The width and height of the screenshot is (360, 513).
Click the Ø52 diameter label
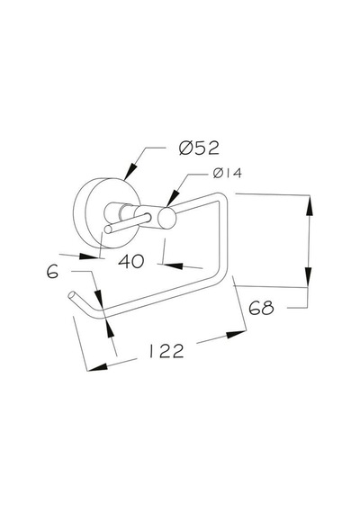pos(199,148)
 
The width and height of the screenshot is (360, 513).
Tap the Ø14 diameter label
pos(228,173)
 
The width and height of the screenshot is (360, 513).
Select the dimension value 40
pos(130,261)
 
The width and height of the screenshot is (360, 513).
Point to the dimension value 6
pos(52,272)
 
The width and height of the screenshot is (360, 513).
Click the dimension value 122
pos(166,351)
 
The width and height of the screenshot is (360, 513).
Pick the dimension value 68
pos(261,308)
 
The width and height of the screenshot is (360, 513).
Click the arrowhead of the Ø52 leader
pos(130,171)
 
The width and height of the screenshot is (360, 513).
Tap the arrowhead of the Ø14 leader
pos(173,198)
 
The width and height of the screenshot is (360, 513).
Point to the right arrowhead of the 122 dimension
pos(236,335)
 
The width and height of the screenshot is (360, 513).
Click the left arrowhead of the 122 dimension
pos(97,367)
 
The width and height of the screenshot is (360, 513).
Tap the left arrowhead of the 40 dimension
pos(89,256)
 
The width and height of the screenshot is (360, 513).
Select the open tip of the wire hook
pos(71,295)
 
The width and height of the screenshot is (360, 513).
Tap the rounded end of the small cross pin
pos(108,229)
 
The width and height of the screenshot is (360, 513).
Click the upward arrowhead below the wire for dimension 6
pos(109,328)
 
